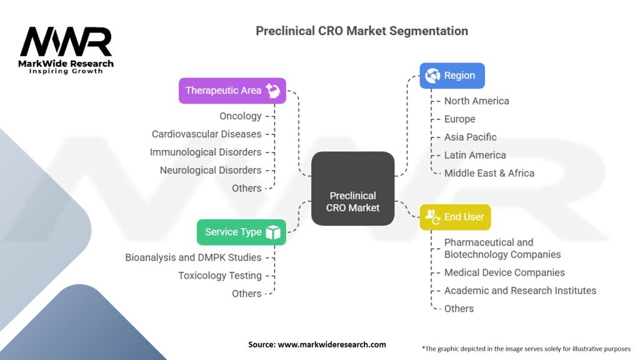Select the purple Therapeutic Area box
click(x=232, y=91)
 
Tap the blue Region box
click(x=452, y=76)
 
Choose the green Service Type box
click(x=241, y=232)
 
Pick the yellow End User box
click(x=455, y=217)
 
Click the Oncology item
click(x=240, y=116)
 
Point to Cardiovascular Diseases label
click(x=206, y=134)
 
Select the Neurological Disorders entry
click(x=210, y=170)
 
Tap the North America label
click(x=476, y=101)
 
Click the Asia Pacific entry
click(x=470, y=137)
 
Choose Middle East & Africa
click(x=489, y=173)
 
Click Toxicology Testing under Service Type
click(x=219, y=276)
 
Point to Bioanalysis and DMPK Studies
click(x=193, y=257)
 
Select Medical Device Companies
click(x=504, y=272)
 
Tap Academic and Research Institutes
click(x=519, y=291)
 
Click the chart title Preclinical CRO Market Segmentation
click(x=361, y=31)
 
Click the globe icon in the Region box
click(x=432, y=76)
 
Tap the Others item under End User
click(x=459, y=309)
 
